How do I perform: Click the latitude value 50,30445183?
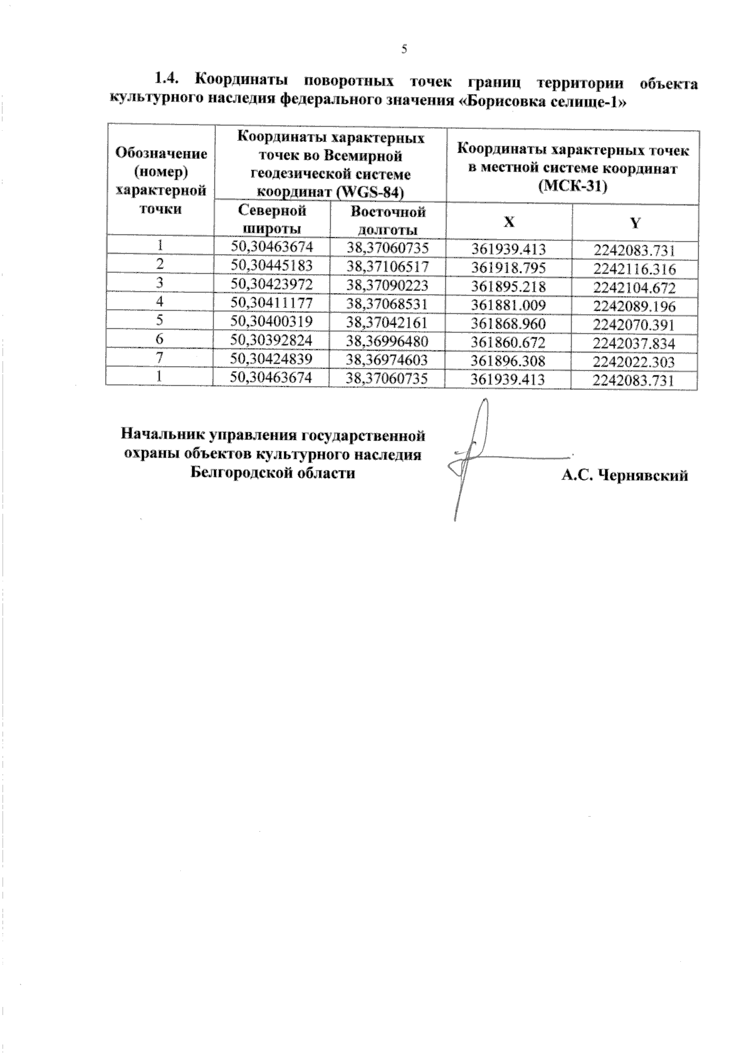(271, 266)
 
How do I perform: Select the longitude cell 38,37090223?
(387, 285)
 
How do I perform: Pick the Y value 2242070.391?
(635, 325)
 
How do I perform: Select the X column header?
(509, 222)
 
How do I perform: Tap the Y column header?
(635, 223)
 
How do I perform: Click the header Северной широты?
(272, 219)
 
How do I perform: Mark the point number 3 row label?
(160, 283)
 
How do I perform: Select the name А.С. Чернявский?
(625, 476)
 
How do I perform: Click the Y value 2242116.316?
(635, 269)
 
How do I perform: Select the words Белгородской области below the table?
(273, 472)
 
